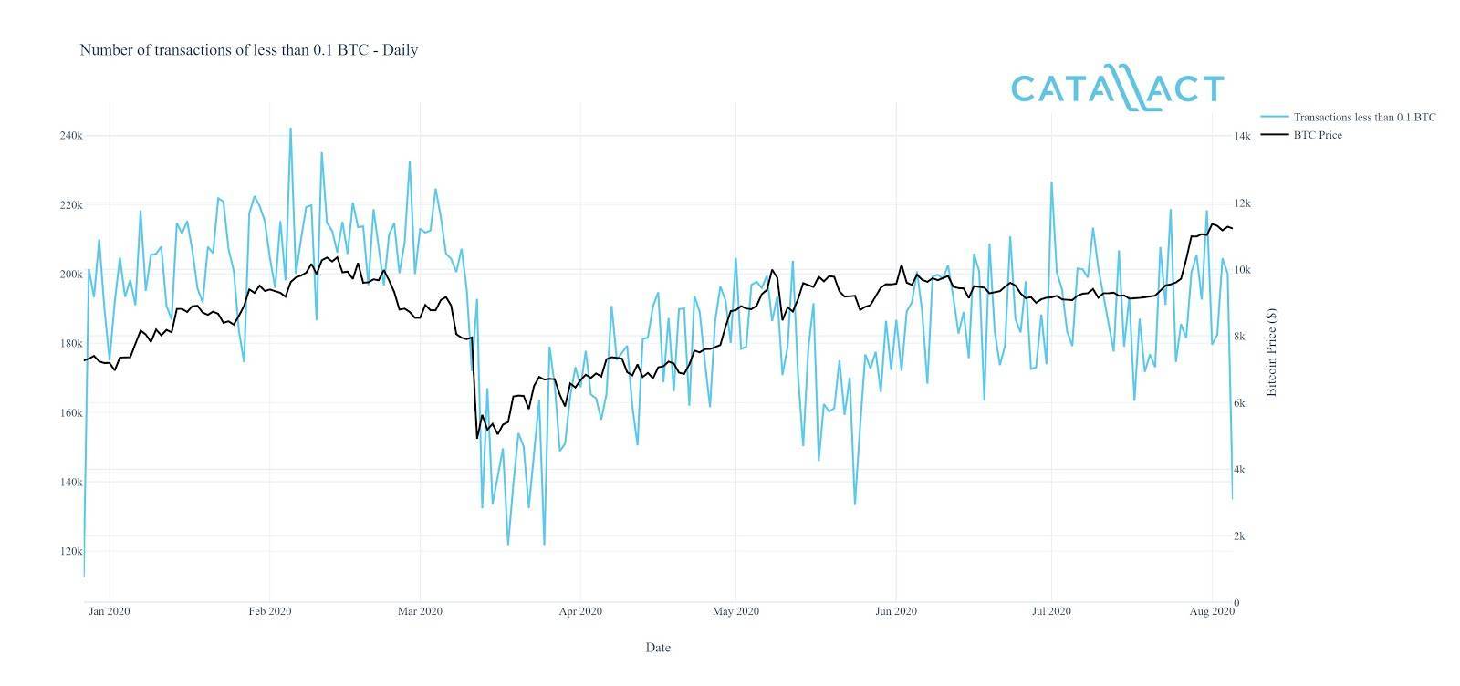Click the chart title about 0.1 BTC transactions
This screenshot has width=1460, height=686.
248,50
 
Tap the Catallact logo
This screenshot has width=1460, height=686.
1117,88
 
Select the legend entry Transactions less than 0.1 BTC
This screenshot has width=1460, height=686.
1364,117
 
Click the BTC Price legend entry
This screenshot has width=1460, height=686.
1317,135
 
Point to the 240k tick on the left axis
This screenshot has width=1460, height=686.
70,136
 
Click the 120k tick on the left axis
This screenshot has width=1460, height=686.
70,552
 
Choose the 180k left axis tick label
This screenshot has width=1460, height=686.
70,344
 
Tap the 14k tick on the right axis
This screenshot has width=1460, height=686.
1242,136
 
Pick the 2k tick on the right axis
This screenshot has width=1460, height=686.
1239,536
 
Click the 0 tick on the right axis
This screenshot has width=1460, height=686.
1236,603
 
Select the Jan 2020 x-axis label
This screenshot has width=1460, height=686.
109,611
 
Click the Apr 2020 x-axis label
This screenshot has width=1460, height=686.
580,611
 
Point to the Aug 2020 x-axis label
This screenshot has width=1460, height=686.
1212,611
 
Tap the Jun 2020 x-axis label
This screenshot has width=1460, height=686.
896,611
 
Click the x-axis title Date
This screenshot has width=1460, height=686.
658,648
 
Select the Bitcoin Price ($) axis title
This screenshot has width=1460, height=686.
1272,352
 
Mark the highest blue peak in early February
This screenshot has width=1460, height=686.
290,129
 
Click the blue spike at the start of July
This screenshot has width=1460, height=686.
1051,182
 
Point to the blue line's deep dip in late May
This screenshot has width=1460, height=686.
855,504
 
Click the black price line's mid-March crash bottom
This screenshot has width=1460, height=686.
477,438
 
